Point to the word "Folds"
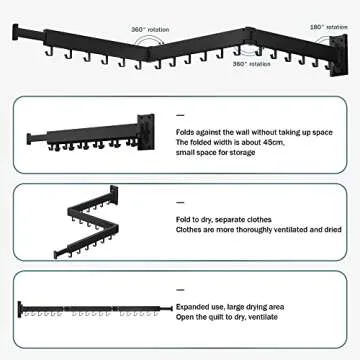(x=185, y=131)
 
